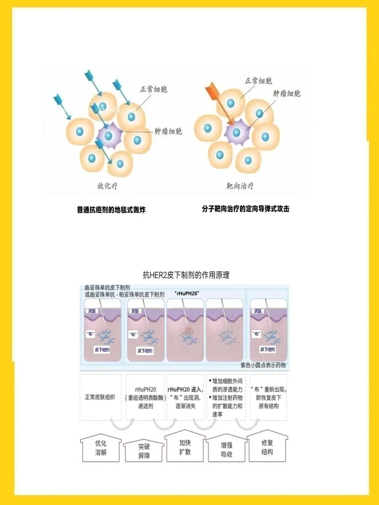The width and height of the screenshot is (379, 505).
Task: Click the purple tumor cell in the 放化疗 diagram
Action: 108,135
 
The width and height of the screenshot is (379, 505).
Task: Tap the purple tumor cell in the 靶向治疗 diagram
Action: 237,133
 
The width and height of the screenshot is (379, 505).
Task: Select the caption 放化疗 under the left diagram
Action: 107,186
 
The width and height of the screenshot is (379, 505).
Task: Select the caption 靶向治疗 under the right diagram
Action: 240,186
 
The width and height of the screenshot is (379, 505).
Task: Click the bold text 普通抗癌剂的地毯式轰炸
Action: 111,210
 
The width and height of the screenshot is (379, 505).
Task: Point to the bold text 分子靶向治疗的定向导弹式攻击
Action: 246,209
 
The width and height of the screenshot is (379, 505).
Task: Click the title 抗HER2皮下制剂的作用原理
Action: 186,275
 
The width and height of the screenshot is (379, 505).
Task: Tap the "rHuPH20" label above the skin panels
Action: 187,294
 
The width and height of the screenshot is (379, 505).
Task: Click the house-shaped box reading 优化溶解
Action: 101,448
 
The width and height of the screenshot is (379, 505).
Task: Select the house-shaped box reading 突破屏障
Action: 144,451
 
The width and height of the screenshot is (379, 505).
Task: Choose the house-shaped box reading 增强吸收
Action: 227,450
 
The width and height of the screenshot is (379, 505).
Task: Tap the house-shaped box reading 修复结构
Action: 267,447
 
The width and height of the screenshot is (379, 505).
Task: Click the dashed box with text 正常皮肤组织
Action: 100,397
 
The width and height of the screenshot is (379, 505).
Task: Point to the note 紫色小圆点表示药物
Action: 263,365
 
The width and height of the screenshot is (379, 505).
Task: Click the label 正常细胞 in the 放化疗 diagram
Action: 153,89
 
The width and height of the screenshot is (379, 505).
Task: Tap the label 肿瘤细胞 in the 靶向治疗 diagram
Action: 287,93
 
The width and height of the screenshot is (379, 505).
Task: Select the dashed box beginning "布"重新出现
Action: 268,397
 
